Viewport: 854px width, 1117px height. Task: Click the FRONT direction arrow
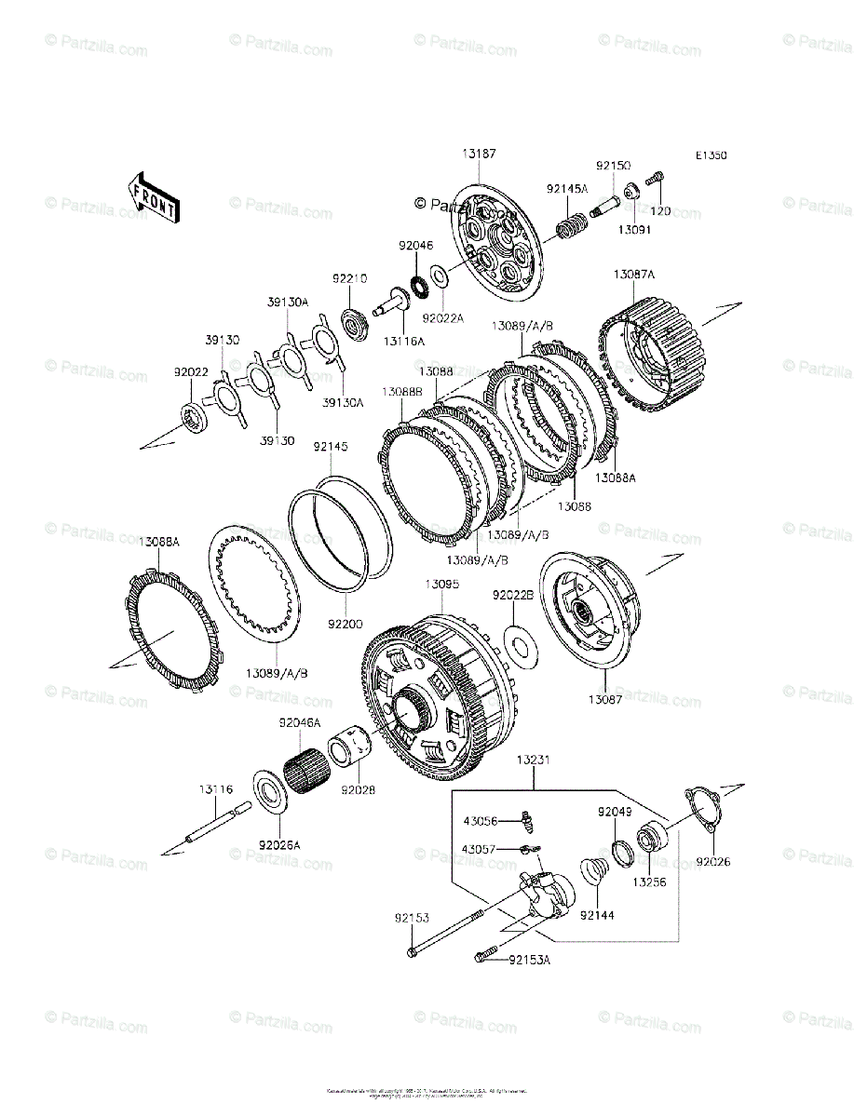[154, 197]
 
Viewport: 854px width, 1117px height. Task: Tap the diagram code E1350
[710, 156]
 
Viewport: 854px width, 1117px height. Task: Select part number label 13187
[479, 155]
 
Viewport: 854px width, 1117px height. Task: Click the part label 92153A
[530, 960]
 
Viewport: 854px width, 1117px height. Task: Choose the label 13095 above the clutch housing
[442, 585]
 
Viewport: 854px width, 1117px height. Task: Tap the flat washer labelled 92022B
[521, 647]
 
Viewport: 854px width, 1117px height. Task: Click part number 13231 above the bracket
[535, 760]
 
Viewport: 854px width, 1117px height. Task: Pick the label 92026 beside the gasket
[712, 862]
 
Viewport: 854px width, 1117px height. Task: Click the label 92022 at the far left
[190, 371]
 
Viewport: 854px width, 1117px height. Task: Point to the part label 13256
[650, 881]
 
